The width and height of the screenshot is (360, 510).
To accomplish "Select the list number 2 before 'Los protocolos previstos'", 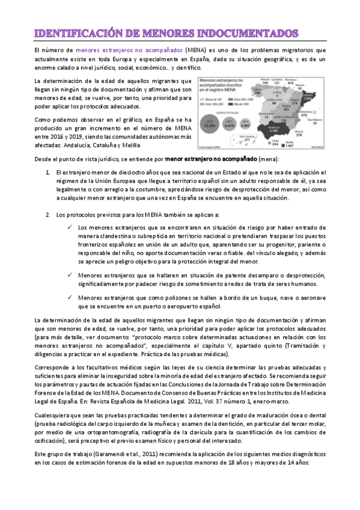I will click(x=48, y=215).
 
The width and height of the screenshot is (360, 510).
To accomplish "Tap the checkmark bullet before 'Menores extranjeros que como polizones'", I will click(x=70, y=297).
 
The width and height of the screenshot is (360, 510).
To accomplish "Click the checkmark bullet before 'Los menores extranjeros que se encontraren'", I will click(x=70, y=228).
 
